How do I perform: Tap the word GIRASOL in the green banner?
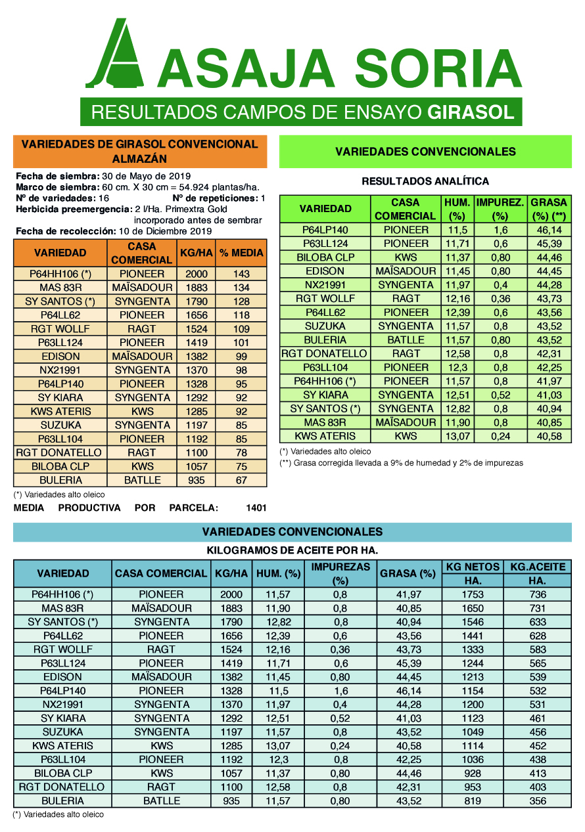pyautogui.click(x=471, y=112)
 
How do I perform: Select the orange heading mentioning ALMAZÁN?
pyautogui.click(x=140, y=151)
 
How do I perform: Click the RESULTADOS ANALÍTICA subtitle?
pyautogui.click(x=425, y=181)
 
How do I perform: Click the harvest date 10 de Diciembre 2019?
pyautogui.click(x=164, y=231)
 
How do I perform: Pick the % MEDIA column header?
pyautogui.click(x=241, y=253)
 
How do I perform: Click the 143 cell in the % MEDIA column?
pyautogui.click(x=241, y=274)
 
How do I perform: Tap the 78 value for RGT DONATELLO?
pyautogui.click(x=241, y=452)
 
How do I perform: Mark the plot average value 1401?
pyautogui.click(x=256, y=508)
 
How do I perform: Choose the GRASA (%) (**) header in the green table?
pyautogui.click(x=549, y=209)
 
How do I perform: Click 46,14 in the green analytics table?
pyautogui.click(x=549, y=230)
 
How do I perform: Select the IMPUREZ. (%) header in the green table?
pyautogui.click(x=500, y=209)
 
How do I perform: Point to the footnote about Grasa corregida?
pyautogui.click(x=401, y=463)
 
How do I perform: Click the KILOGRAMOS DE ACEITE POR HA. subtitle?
pyautogui.click(x=292, y=551)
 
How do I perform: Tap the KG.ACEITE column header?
pyautogui.click(x=537, y=567)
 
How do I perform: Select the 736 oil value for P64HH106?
pyautogui.click(x=537, y=594)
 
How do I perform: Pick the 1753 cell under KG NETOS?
pyautogui.click(x=473, y=594)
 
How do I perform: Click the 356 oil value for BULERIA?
pyautogui.click(x=537, y=800)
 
